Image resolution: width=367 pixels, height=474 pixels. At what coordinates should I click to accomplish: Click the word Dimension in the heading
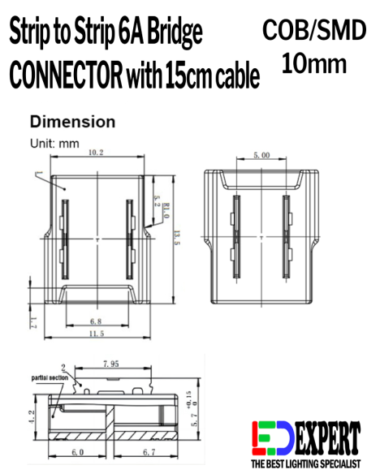click(72, 122)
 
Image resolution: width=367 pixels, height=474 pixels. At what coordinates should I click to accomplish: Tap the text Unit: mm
click(54, 142)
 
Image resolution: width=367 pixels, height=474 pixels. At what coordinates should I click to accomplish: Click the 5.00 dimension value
click(261, 154)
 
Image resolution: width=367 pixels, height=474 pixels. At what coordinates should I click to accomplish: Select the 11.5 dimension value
click(96, 334)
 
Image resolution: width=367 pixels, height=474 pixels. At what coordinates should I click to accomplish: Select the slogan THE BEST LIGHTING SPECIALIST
click(304, 465)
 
